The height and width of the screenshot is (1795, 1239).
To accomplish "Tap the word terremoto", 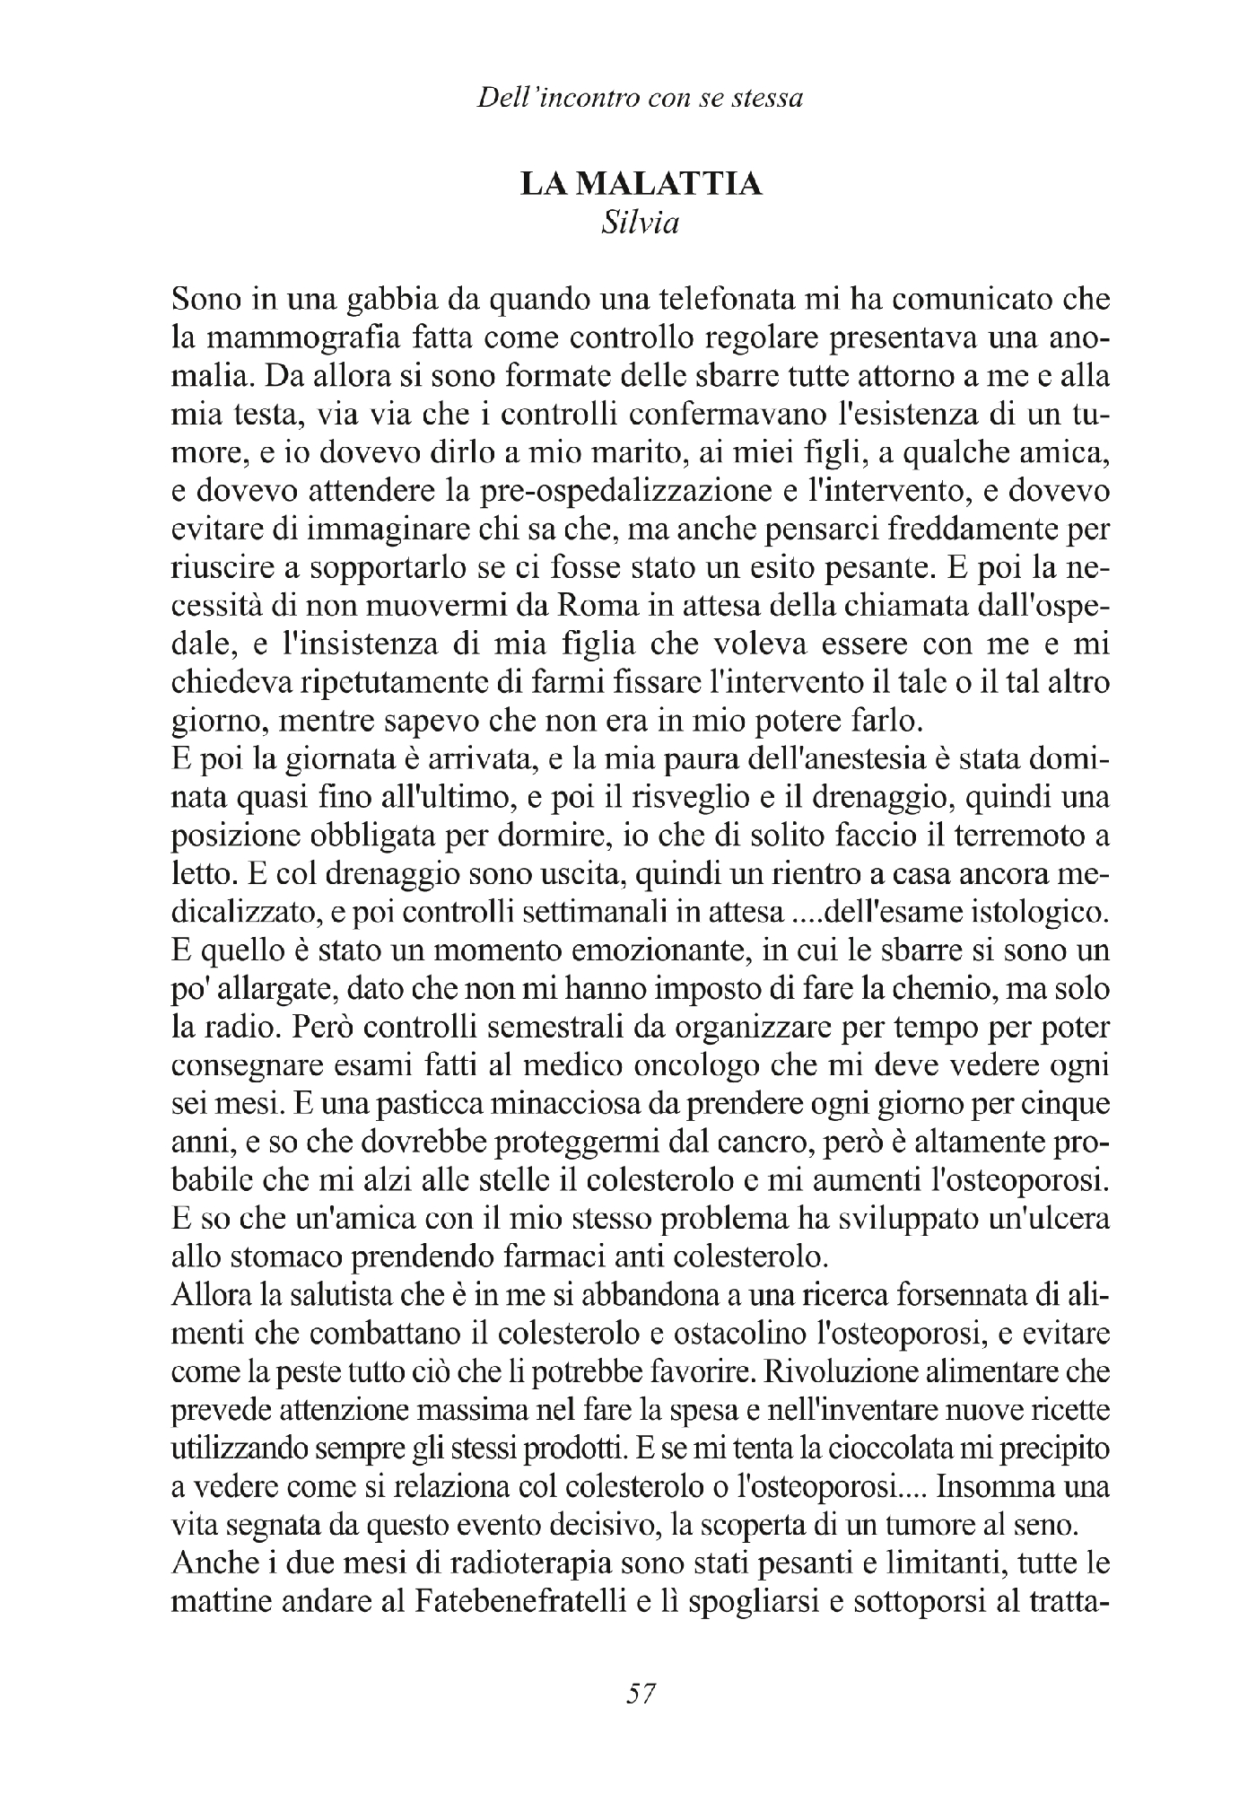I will pos(999,836).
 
